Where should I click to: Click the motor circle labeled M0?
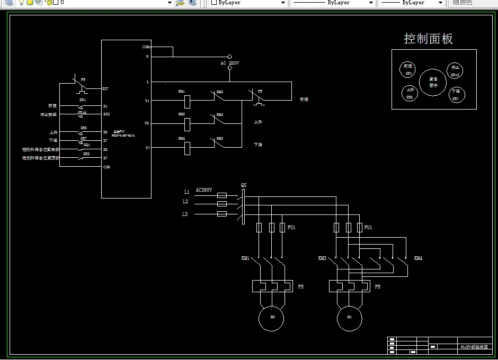pyautogui.click(x=271, y=318)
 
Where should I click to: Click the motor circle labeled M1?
pyautogui.click(x=350, y=318)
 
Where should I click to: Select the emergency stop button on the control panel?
pyautogui.click(x=433, y=82)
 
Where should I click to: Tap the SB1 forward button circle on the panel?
pyautogui.click(x=408, y=69)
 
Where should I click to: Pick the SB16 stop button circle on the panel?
pyautogui.click(x=455, y=70)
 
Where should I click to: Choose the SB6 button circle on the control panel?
pyautogui.click(x=410, y=94)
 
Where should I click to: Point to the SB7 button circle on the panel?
pyautogui.click(x=456, y=95)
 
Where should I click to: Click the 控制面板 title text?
pyautogui.click(x=428, y=39)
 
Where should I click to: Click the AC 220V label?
pyautogui.click(x=230, y=63)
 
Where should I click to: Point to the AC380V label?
pyautogui.click(x=204, y=190)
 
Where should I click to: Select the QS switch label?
pyautogui.click(x=243, y=185)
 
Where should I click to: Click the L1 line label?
pyautogui.click(x=186, y=192)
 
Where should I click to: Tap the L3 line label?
pyautogui.click(x=184, y=214)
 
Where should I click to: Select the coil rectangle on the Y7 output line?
pyautogui.click(x=187, y=148)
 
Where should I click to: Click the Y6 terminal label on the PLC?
pyautogui.click(x=147, y=123)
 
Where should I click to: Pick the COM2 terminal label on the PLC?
pyautogui.click(x=147, y=47)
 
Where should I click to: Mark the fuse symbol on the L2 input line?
pyautogui.click(x=222, y=203)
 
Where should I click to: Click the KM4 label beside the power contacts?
pyautogui.click(x=418, y=258)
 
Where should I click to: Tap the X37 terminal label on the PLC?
pyautogui.click(x=105, y=88)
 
